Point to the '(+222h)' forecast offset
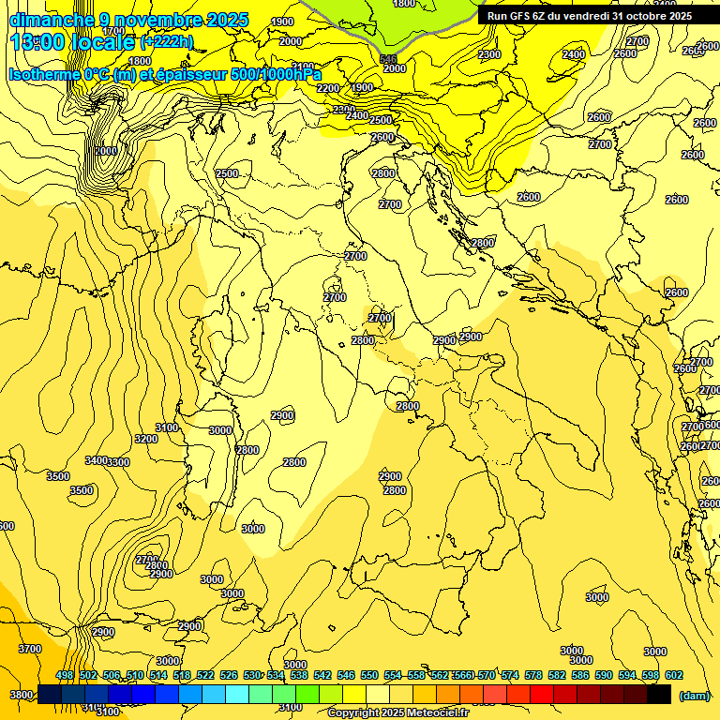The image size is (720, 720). pos(166,42)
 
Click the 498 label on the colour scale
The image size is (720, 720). pos(65,676)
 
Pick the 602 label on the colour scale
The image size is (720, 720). pos(673,676)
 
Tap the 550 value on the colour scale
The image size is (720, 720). pos(368,676)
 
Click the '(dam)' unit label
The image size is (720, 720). pos(695,695)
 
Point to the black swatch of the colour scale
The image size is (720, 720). pos(659,694)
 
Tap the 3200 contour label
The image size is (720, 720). pos(145,439)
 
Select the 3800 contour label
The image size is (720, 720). pos(20,695)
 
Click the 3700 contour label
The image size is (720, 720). pos(30,649)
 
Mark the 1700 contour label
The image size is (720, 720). pos(112,31)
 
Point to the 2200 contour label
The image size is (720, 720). pos(328,88)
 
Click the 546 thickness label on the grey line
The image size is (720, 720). pos(388,59)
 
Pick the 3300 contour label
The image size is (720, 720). pos(118,462)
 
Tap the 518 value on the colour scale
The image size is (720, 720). pos(182,676)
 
